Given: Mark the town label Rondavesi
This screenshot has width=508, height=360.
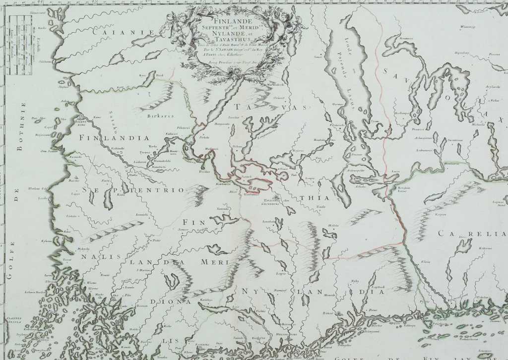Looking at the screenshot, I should click(x=406, y=38).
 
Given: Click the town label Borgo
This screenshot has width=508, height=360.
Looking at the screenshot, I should click(x=327, y=314).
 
